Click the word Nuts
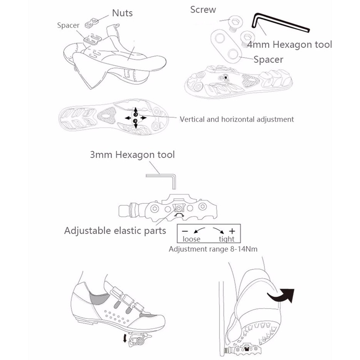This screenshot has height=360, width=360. coord(122,13)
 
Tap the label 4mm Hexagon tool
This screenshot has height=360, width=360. coord(289,45)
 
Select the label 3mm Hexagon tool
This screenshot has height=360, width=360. coord(132,155)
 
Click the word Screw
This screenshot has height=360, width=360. coord(203,10)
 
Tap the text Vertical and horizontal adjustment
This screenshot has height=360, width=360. coord(237,119)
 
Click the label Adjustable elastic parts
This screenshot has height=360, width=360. coord(115,231)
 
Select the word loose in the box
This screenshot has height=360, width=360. coord(191,239)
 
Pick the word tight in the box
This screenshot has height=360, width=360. coord(226,239)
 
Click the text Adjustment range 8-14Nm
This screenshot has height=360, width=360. coord(213,249)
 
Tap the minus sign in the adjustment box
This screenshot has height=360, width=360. coord(185,231)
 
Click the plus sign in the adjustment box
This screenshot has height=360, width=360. coord(232,231)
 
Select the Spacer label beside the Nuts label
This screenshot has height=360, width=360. coord(68,26)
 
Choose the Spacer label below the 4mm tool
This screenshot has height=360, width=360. coord(268,59)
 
